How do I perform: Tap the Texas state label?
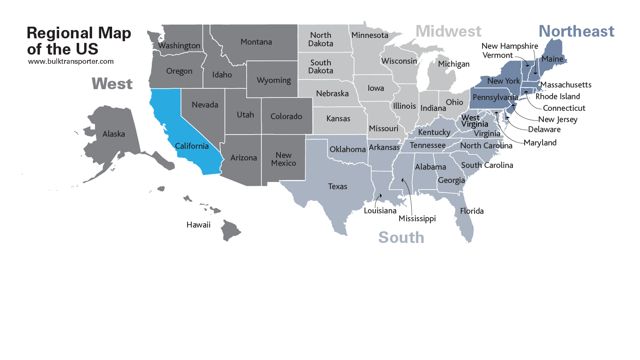337,187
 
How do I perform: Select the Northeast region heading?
576,31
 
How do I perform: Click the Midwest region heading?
448,31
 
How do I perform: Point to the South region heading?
401,237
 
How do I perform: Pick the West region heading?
112,84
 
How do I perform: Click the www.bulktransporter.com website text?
71,62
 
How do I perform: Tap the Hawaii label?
198,225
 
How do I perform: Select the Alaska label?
114,134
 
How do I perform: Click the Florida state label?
472,211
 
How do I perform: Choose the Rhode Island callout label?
557,97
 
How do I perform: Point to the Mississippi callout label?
417,219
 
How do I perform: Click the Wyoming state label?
274,80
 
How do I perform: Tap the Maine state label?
552,59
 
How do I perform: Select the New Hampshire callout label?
510,46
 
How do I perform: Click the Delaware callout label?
544,130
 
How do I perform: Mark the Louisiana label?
380,211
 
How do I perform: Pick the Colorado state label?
286,117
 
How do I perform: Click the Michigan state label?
454,64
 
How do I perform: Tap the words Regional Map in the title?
79,33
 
